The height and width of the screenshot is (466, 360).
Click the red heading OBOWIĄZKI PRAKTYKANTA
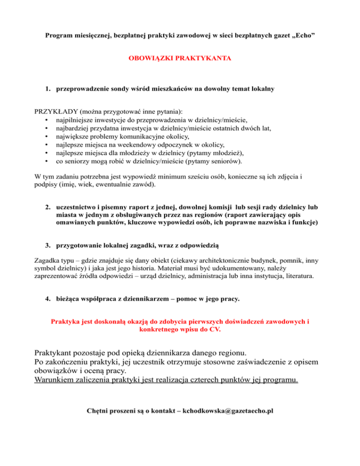pos(180,60)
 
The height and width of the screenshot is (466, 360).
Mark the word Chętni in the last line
pos(98,411)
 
